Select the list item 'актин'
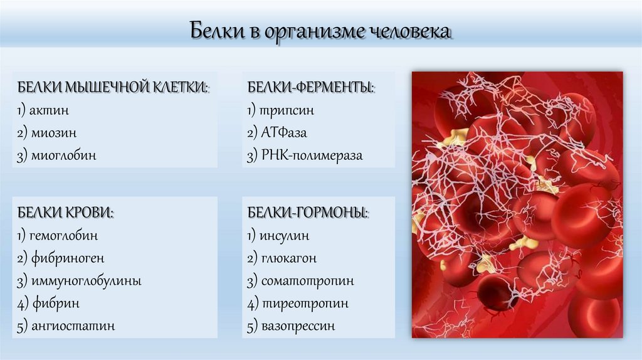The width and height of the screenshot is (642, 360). [50, 110]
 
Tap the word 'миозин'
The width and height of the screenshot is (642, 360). [54, 133]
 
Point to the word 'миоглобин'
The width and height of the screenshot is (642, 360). [63, 156]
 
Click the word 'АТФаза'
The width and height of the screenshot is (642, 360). [285, 133]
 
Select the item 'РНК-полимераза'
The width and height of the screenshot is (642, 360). [312, 156]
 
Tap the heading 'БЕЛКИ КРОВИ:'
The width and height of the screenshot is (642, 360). [65, 213]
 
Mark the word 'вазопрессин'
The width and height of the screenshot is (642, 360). [298, 326]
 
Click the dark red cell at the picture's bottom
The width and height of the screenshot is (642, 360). [497, 293]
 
